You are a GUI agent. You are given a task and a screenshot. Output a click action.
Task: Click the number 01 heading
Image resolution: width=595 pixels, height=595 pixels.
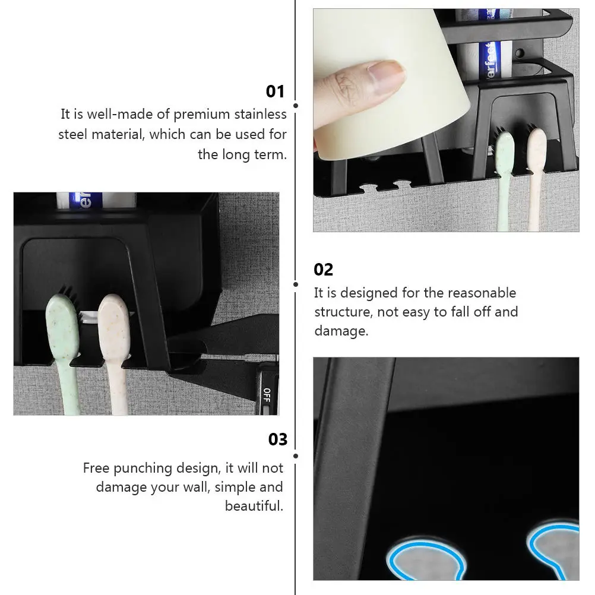(276, 91)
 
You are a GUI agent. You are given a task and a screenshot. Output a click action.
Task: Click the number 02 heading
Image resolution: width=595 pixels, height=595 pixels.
(324, 270)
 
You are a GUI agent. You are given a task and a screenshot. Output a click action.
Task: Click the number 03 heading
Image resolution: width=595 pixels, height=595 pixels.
(277, 439)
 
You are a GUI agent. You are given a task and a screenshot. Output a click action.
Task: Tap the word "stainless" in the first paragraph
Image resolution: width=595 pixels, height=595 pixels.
(260, 114)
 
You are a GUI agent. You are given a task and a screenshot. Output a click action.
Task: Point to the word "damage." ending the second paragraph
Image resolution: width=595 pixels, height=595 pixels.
(341, 331)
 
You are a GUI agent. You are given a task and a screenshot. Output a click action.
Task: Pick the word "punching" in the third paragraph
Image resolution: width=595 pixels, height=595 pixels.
(144, 468)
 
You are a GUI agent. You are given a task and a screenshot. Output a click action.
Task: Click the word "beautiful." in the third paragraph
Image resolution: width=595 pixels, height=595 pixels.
(254, 506)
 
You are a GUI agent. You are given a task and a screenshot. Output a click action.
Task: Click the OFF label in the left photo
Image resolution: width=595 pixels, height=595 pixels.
(267, 395)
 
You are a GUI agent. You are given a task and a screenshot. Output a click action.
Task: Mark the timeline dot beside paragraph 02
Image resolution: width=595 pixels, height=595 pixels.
(296, 284)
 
